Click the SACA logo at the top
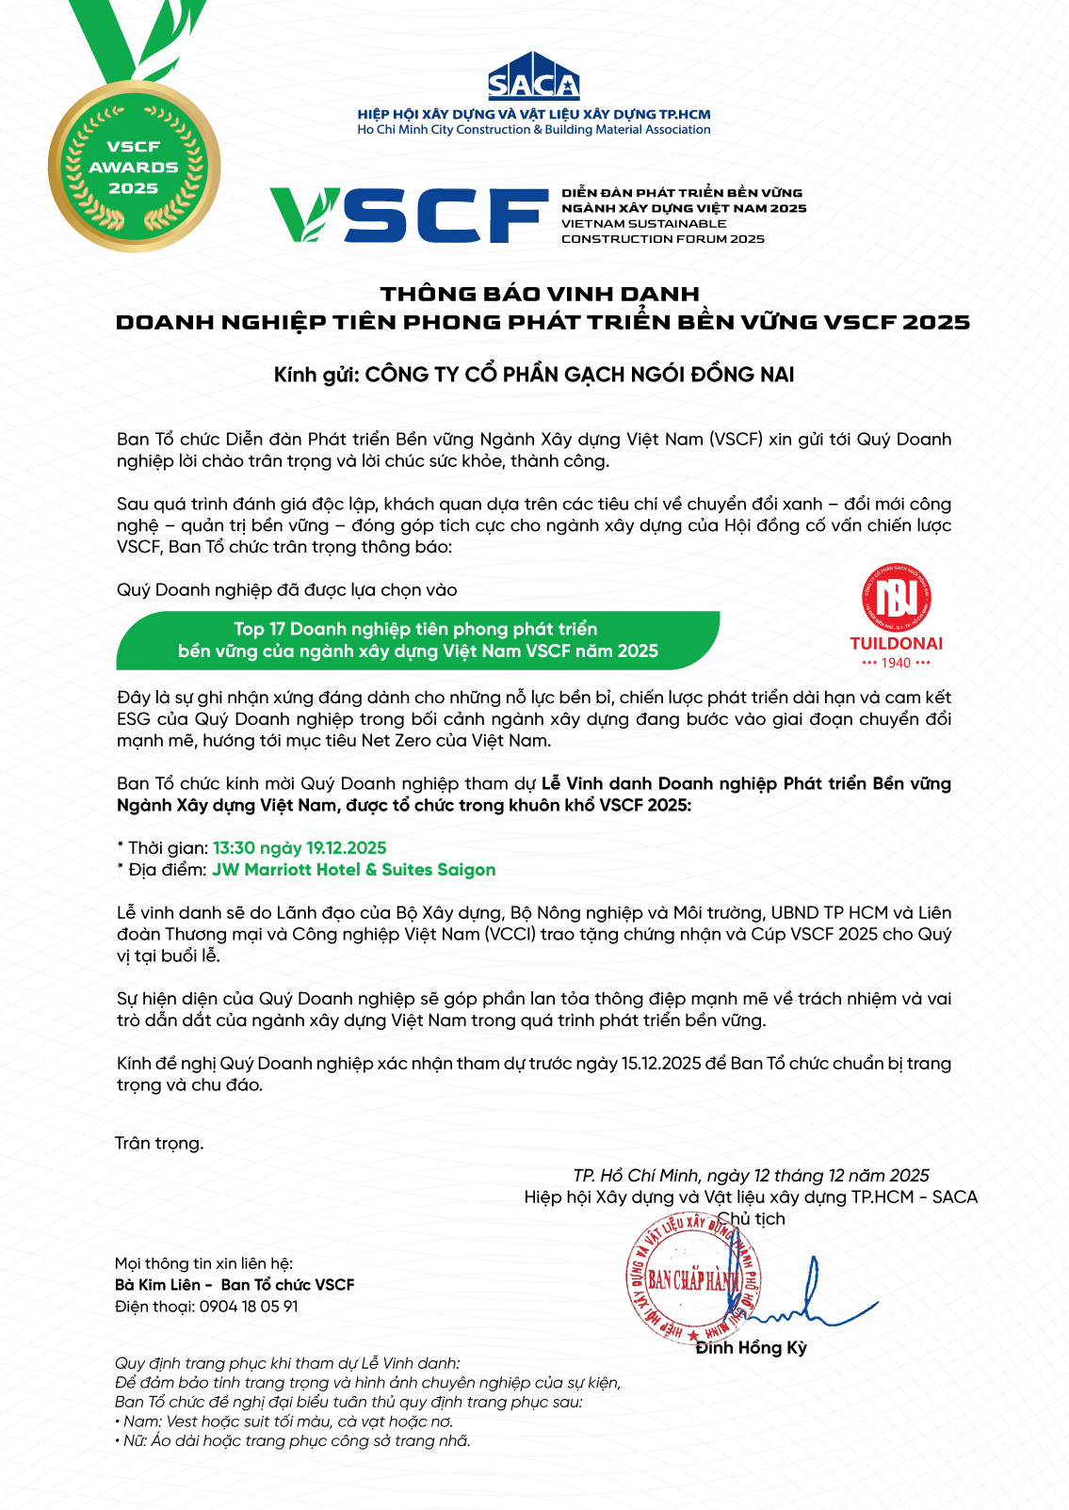click(x=533, y=78)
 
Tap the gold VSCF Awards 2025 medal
click(x=134, y=167)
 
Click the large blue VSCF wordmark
click(x=409, y=215)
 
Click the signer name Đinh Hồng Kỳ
click(x=751, y=1348)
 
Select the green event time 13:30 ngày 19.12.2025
click(x=300, y=848)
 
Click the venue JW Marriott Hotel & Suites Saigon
click(x=353, y=870)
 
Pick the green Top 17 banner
click(x=417, y=640)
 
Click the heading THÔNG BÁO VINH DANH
click(x=540, y=294)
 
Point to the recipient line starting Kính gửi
click(x=534, y=375)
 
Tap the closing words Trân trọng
click(x=159, y=1143)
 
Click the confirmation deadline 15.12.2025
click(x=661, y=1064)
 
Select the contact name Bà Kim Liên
click(x=157, y=1285)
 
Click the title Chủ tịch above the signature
click(x=751, y=1219)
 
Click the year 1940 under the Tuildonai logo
click(x=896, y=663)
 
